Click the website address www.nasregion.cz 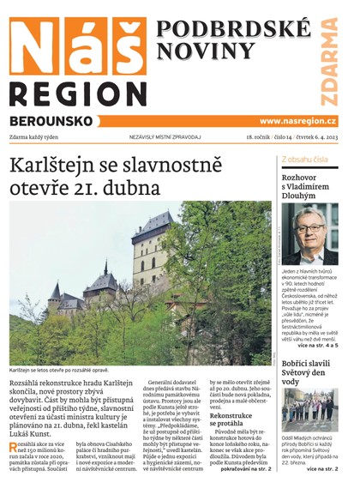(x=297, y=121)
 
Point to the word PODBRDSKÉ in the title (x=233, y=28)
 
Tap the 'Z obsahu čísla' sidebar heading (x=304, y=160)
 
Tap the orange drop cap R (x=13, y=448)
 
